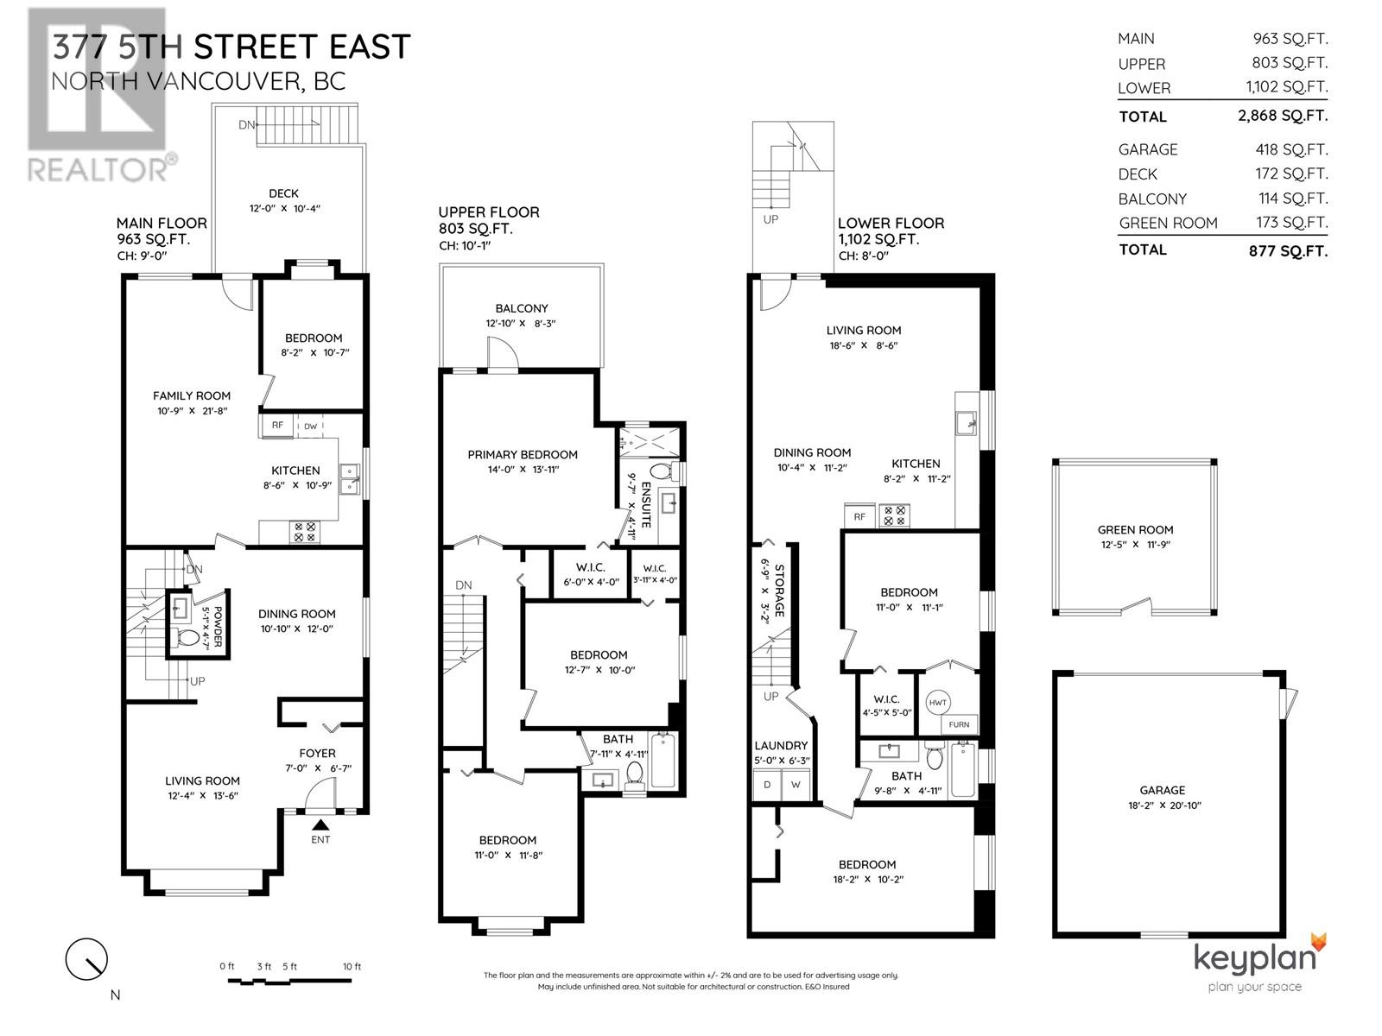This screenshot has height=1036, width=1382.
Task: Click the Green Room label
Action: pos(1135,530)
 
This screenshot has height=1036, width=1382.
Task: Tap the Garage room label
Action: pos(1162,790)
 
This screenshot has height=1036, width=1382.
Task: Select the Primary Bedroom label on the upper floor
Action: pos(523,455)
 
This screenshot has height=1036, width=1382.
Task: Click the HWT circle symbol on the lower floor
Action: pos(938,703)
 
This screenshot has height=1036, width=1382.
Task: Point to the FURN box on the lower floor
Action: pos(959,725)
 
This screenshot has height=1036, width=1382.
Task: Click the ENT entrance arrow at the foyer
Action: pos(320,825)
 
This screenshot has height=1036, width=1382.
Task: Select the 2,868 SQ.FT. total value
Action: pos(1283,116)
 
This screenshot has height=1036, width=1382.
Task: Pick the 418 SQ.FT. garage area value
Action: pos(1291,149)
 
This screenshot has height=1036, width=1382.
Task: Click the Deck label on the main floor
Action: pos(283,194)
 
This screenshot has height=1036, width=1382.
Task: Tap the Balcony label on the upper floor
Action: pos(522,308)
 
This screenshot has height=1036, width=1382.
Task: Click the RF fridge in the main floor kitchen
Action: pos(277,426)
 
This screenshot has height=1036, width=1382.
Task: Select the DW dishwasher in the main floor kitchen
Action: pos(309,426)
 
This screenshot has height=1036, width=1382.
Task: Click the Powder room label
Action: pos(218,628)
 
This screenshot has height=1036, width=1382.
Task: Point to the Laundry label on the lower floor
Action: pos(781,746)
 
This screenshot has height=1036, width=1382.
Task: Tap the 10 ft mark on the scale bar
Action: pos(352,967)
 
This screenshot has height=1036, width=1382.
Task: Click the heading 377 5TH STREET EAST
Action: pos(231,47)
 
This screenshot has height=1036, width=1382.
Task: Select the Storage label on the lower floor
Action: pos(778,591)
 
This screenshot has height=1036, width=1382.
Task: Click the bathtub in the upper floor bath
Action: pos(663,760)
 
